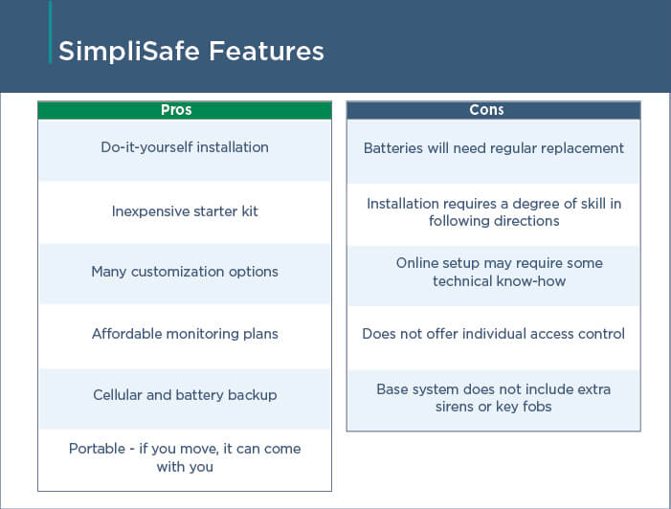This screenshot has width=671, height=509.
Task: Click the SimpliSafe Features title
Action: pyautogui.click(x=191, y=52)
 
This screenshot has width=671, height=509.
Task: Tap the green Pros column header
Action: pyautogui.click(x=185, y=110)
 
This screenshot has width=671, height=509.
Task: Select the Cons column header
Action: pyautogui.click(x=493, y=110)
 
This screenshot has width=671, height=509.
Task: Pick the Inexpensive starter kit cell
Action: pyautogui.click(x=185, y=211)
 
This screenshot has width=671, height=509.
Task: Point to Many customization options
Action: pyautogui.click(x=185, y=272)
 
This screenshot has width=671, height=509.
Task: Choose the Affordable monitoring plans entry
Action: pyautogui.click(x=185, y=334)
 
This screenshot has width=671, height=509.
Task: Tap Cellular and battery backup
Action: pyautogui.click(x=185, y=395)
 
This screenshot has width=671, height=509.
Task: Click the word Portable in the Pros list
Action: pyautogui.click(x=97, y=449)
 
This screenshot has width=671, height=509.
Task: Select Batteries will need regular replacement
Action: pyautogui.click(x=493, y=148)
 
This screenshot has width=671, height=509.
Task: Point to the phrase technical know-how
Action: pyautogui.click(x=499, y=281)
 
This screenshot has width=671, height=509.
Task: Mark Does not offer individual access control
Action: pyautogui.click(x=493, y=334)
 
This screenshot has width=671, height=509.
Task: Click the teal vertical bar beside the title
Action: pyautogui.click(x=51, y=33)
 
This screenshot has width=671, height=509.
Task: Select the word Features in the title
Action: pyautogui.click(x=266, y=52)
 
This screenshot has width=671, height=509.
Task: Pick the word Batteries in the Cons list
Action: pyautogui.click(x=393, y=148)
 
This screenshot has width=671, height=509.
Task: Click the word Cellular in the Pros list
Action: pyautogui.click(x=118, y=395)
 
